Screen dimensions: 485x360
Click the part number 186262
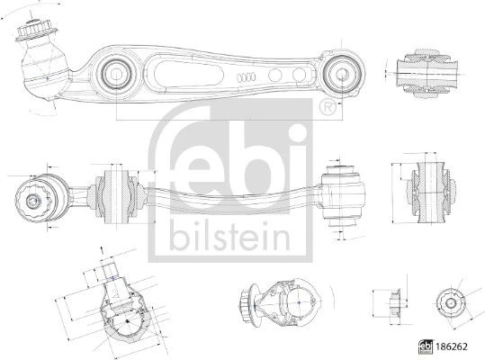pyautogui.click(x=452, y=346)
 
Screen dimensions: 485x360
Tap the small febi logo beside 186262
pyautogui.click(x=427, y=347)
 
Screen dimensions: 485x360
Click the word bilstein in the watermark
pyautogui.click(x=229, y=237)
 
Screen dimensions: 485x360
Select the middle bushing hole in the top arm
pyautogui.click(x=116, y=74)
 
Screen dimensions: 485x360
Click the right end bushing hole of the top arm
pyautogui.click(x=342, y=74)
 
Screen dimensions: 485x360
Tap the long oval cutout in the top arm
pyautogui.click(x=189, y=74)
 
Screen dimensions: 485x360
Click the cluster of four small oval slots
pyautogui.click(x=247, y=77)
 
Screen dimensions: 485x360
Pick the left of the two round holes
pyautogui.click(x=275, y=76)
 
